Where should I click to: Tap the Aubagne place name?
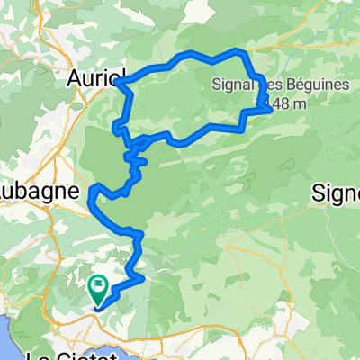[x=27, y=193]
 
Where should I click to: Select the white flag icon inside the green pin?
[x=98, y=285]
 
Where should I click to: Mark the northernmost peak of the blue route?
[x=236, y=50]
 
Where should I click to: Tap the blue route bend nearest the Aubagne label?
[x=93, y=191]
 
